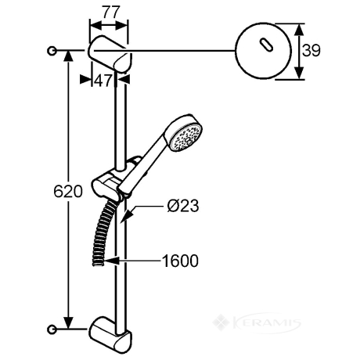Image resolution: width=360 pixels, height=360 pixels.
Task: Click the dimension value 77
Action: [111, 12]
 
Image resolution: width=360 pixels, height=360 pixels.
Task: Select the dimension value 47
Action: [103, 81]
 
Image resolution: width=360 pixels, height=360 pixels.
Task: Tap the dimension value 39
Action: [311, 51]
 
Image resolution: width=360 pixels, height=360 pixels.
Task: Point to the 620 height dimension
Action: [68, 192]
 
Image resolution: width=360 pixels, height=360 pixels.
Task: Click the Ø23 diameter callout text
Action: [183, 206]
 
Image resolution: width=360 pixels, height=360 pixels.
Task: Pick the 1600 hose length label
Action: [180, 261]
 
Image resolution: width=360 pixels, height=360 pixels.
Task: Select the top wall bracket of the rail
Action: [110, 53]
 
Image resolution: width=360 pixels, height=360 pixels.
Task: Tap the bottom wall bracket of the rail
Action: [110, 335]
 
